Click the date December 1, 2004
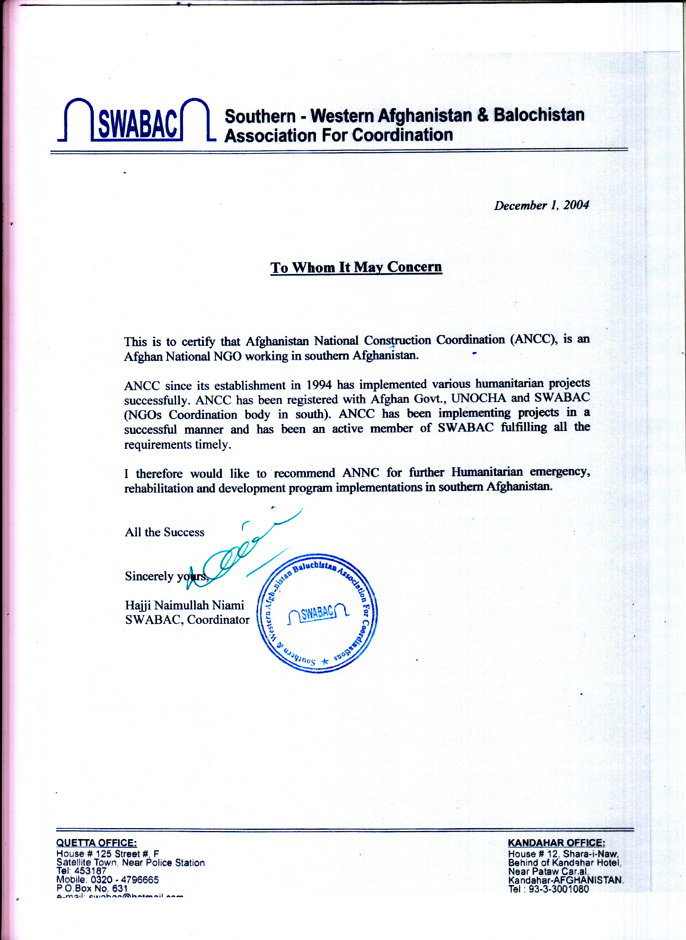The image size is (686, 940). point(541,205)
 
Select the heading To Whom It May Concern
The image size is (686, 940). point(356,267)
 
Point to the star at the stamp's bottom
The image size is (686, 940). point(325,660)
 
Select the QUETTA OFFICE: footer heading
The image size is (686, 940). point(96,843)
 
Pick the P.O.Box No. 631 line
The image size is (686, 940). point(92,888)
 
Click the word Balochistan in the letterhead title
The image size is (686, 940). point(539,115)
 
